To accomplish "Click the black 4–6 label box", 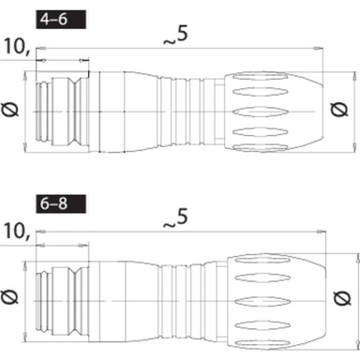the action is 61,20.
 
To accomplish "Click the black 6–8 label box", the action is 61,204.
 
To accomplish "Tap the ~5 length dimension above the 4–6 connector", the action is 176,36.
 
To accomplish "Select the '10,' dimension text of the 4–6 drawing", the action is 17,47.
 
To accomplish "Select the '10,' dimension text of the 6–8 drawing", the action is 17,232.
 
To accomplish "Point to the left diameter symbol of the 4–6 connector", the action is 10,110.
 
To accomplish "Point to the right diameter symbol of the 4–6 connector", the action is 339,110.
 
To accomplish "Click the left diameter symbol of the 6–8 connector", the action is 9,296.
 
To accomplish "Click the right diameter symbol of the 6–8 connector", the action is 342,297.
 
